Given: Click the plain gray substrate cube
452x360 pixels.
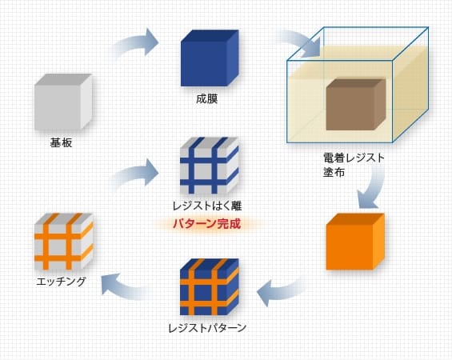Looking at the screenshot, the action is [63, 102].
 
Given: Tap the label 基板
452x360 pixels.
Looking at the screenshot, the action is [61, 142].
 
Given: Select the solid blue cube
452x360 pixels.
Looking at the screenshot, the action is [210, 58].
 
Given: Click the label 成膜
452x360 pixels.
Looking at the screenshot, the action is [206, 98].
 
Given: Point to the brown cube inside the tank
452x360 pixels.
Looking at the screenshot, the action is [356, 105].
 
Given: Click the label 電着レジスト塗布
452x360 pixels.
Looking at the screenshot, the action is [354, 165].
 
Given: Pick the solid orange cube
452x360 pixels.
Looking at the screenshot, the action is [355, 242].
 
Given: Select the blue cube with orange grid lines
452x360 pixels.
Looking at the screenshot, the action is [210, 286].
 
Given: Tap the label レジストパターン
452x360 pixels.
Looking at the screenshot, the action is [207, 328].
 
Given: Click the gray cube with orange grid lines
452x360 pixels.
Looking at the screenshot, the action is [64, 242].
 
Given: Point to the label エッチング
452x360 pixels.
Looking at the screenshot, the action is [61, 282].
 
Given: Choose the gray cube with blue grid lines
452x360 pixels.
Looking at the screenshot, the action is [210, 166].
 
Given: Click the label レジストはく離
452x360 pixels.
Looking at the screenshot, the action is [207, 206].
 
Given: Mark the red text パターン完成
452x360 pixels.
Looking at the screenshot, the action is [207, 224].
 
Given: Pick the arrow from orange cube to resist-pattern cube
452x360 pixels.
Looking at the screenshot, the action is [281, 290].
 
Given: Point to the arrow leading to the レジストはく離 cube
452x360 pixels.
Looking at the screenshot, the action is [135, 174].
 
